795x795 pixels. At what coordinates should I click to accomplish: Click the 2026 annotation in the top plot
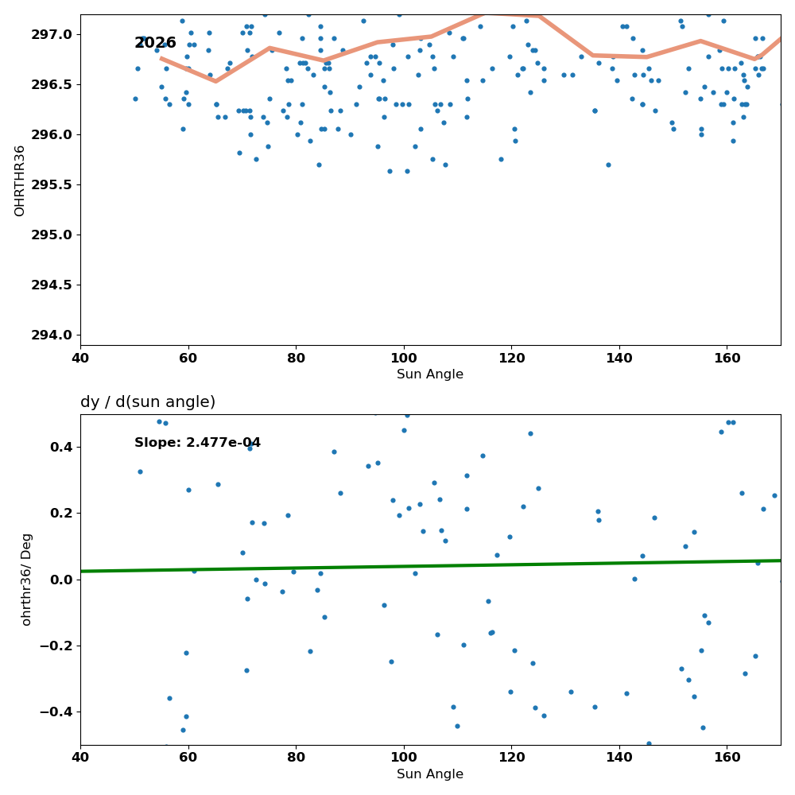coord(155,43)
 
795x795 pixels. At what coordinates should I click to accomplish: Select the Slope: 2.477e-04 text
coord(197,443)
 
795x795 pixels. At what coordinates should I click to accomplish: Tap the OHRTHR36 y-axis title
coord(19,180)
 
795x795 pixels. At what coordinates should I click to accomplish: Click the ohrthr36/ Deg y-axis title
coord(26,580)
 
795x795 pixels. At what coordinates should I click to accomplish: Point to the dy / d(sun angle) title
coord(148,402)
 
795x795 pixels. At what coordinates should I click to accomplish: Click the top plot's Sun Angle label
coord(430,374)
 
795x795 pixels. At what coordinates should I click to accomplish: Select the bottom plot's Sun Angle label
coord(430,774)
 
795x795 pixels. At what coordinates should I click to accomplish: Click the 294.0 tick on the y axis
coord(52,335)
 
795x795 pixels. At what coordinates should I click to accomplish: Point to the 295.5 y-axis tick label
coord(52,184)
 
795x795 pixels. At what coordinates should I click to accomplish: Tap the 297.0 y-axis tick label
coord(52,34)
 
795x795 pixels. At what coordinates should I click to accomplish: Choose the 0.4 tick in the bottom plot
coord(61,447)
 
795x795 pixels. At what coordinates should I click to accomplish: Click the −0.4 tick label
coord(56,712)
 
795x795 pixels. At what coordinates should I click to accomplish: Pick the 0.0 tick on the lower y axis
coord(61,580)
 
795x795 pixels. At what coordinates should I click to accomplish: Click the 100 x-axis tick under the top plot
coord(404,359)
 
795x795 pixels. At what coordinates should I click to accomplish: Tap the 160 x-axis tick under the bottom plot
coord(727,758)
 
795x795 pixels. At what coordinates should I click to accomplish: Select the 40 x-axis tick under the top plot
coord(80,359)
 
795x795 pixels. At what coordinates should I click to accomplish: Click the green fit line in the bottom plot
coord(430,566)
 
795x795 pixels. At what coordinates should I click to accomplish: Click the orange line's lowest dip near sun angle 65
coord(215,81)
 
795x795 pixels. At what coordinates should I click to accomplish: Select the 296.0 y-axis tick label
coord(52,135)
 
